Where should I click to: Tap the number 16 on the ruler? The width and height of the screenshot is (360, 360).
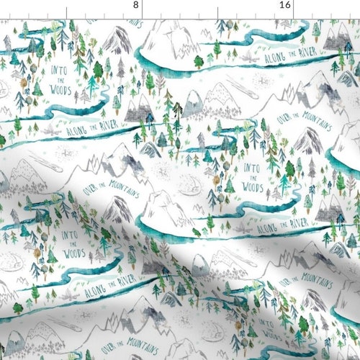(286, 4)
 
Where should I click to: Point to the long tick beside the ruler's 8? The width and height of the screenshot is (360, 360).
(141, 7)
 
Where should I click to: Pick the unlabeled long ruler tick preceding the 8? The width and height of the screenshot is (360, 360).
(66, 7)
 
